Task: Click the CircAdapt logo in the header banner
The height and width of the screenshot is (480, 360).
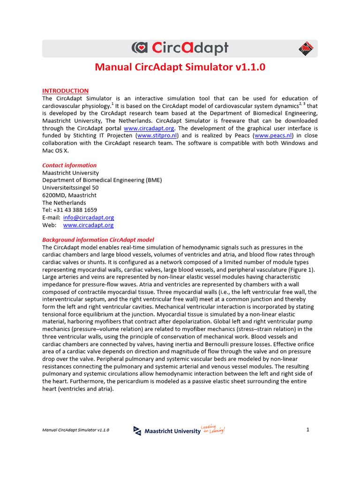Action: click(x=180, y=48)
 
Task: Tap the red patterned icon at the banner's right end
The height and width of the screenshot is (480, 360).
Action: click(x=305, y=48)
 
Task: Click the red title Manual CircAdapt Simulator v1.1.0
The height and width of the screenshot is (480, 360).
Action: click(x=180, y=67)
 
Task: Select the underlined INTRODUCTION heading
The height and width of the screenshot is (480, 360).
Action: click(x=65, y=90)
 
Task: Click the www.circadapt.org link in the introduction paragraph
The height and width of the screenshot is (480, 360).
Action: click(x=149, y=128)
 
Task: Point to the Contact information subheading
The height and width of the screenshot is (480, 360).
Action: click(x=69, y=165)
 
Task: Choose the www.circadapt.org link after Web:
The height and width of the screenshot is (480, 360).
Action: click(x=88, y=225)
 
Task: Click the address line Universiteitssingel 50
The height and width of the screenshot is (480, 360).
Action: click(x=70, y=187)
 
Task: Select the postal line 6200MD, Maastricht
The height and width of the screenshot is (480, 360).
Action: click(x=69, y=195)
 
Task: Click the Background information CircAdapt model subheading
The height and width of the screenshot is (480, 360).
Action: click(x=98, y=240)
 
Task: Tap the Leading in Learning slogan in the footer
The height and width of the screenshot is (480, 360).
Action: click(x=213, y=429)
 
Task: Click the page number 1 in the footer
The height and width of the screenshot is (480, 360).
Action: click(x=308, y=430)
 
